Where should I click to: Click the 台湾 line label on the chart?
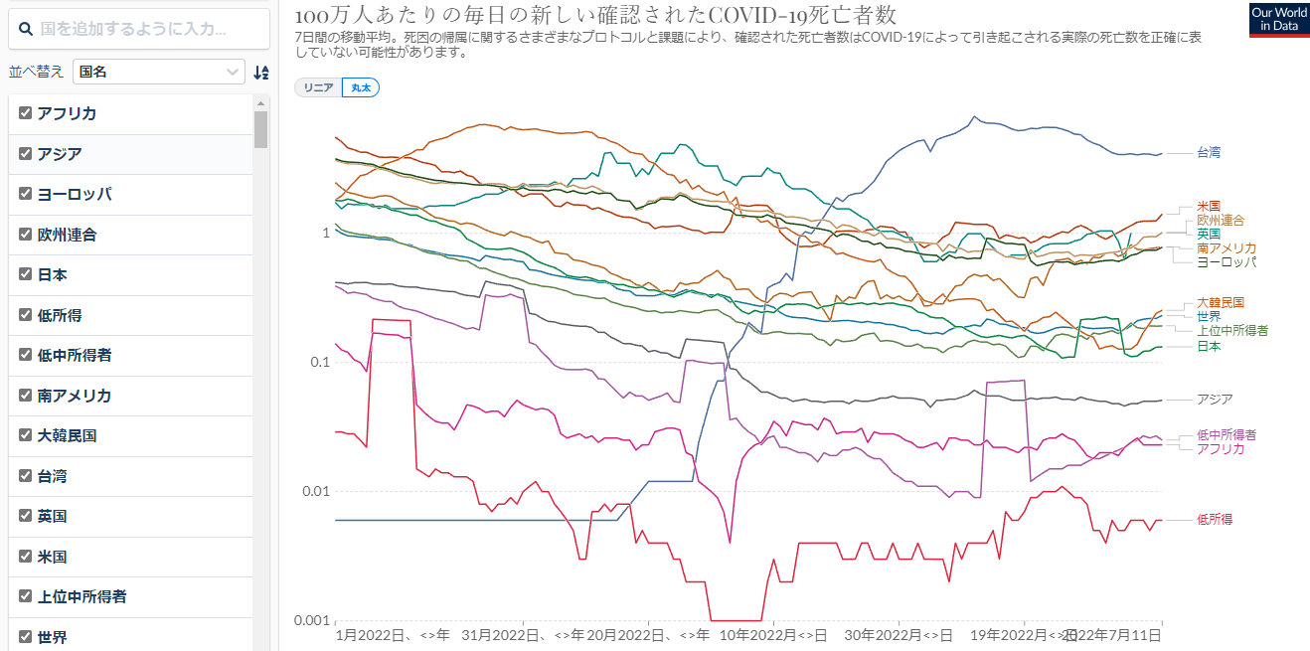(x=1209, y=153)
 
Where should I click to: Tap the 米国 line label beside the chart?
(x=1209, y=206)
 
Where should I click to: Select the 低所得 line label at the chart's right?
(x=1215, y=520)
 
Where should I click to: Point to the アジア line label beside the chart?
(x=1215, y=400)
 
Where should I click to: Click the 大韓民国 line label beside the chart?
(x=1221, y=302)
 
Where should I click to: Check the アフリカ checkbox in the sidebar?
(x=26, y=113)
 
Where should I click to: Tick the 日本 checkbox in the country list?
(x=26, y=274)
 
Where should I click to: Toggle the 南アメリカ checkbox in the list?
(x=26, y=396)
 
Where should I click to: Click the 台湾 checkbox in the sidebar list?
(x=26, y=476)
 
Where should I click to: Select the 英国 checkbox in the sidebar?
(x=26, y=516)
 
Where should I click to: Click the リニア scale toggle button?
(x=318, y=87)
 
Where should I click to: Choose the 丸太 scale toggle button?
(x=361, y=87)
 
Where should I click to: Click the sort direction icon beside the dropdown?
(x=260, y=72)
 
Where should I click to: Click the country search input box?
(x=139, y=29)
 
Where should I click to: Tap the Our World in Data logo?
(x=1279, y=20)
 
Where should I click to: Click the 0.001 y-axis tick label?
(x=312, y=620)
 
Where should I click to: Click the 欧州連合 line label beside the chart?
(x=1221, y=220)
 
